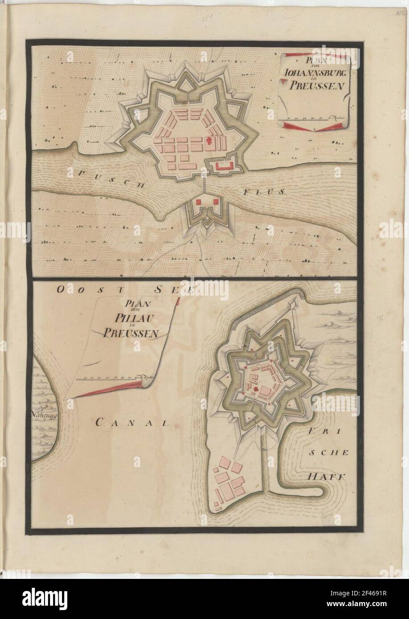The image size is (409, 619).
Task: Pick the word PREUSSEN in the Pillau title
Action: click(133, 333)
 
